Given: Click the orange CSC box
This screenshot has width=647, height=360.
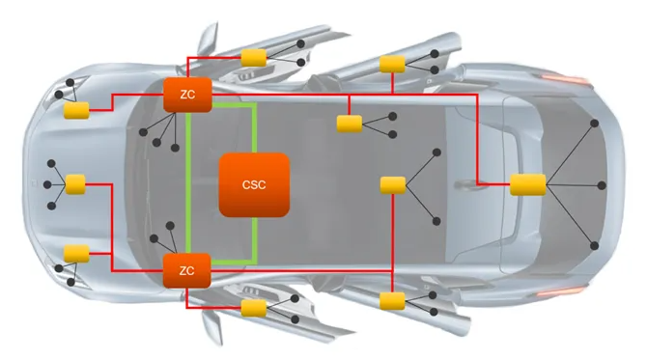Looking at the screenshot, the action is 254,184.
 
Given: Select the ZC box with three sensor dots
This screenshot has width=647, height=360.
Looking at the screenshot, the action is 187,95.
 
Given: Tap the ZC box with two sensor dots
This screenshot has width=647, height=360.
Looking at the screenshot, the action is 187,270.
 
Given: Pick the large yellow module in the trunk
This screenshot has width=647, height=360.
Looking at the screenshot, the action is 528,184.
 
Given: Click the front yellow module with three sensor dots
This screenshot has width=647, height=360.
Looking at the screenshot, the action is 75,184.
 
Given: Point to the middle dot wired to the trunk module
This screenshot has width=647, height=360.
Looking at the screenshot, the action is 602,185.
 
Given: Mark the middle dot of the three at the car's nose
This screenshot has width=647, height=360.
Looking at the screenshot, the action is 47,184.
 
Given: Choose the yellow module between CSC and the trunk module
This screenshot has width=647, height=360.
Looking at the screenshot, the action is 393,185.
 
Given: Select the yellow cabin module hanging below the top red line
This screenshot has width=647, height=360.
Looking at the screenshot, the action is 350,124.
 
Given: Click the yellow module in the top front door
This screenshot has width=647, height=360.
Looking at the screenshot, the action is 254,58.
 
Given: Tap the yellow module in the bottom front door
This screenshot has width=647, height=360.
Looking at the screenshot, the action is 254,308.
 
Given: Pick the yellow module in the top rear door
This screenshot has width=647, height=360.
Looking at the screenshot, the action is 392,64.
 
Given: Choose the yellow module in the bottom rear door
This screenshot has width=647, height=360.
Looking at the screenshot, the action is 392,301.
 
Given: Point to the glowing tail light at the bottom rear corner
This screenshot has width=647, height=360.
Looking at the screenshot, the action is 561,291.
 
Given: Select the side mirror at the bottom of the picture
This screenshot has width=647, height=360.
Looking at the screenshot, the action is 212,327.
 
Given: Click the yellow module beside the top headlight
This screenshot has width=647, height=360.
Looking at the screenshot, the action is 76,110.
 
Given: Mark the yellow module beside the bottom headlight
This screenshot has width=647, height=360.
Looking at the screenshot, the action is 76,253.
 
